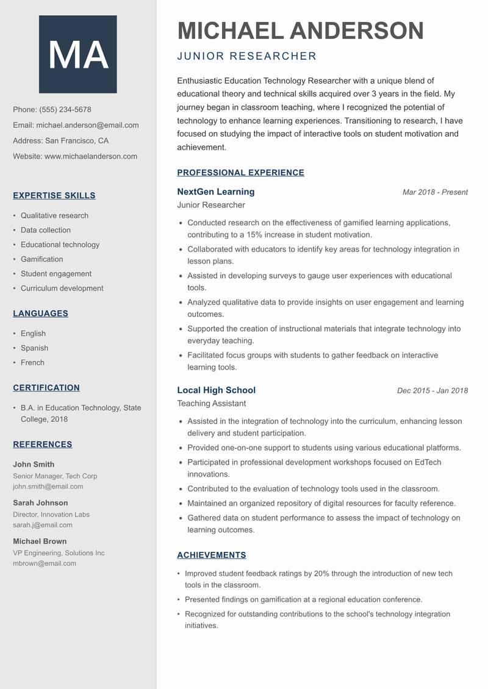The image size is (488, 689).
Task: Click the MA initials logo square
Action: tap(78, 54)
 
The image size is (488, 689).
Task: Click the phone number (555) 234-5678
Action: tap(65, 110)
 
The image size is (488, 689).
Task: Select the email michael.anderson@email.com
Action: tap(87, 125)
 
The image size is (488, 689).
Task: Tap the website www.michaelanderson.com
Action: tap(91, 156)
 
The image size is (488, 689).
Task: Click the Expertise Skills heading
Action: tap(54, 196)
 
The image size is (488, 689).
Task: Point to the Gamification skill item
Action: tap(41, 259)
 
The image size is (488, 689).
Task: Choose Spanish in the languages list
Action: tap(34, 348)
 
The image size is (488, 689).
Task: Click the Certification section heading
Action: tap(46, 388)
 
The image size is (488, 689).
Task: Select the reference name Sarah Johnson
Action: tap(40, 503)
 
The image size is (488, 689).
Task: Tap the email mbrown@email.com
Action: tap(45, 563)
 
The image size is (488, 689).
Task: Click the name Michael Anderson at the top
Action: tap(300, 30)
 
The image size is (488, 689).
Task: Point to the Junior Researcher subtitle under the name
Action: tap(246, 57)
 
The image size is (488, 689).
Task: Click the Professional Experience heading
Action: tap(240, 173)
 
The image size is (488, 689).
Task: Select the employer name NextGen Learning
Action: tap(216, 192)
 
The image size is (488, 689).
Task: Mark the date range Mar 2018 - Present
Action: tap(435, 192)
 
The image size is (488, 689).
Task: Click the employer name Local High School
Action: tap(216, 390)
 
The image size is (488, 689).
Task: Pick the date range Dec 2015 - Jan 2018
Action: tap(432, 390)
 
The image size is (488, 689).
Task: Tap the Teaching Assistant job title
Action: tap(211, 404)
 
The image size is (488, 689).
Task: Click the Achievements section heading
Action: tap(211, 555)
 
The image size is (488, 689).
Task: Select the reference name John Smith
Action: tap(34, 464)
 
